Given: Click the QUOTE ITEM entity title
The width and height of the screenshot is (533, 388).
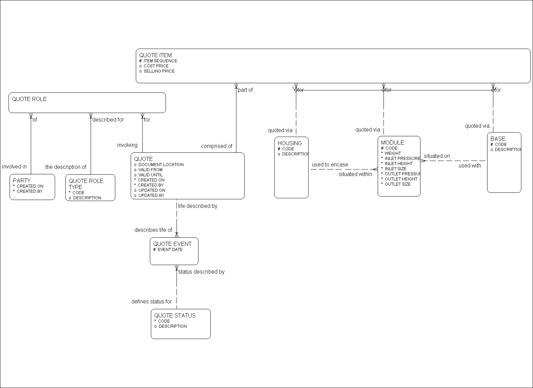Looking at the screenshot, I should coord(155,55).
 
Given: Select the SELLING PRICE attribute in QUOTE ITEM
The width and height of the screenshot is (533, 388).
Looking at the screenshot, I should coord(159,71).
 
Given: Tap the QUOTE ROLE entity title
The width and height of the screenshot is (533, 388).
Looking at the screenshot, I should coord(29,99).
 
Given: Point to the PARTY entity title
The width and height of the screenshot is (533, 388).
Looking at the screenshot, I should coord(22,180).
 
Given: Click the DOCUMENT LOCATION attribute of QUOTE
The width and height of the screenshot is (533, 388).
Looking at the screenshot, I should coord(161,165).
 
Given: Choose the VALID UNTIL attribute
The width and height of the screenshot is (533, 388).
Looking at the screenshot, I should coord(151,175).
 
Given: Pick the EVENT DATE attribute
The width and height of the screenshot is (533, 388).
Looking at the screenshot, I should coord(170,250).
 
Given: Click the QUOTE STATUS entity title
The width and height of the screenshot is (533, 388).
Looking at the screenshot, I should coord(175,315).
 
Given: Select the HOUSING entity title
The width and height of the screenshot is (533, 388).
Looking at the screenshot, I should coord(290,143).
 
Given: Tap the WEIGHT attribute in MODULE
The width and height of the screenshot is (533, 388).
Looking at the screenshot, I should coord(392,153).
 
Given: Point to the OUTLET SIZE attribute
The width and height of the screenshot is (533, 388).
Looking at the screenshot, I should coord(398,184).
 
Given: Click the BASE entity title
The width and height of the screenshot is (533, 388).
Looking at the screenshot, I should coord(498,139).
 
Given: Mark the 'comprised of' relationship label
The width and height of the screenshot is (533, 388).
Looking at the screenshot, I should coord(217,146).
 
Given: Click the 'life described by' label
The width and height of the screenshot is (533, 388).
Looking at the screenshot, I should coord(197,206).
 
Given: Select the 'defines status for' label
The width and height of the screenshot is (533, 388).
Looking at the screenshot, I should coord(152,302).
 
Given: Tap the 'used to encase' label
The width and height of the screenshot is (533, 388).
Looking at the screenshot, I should coord(330,165).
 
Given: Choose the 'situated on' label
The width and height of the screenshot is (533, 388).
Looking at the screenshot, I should coord(437,156).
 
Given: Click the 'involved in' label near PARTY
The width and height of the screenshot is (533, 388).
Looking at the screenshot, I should coord(14,167).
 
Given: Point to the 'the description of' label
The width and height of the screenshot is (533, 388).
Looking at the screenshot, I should coord(66,167).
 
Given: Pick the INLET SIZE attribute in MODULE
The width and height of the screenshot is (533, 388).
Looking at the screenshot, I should coord(395,169).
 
